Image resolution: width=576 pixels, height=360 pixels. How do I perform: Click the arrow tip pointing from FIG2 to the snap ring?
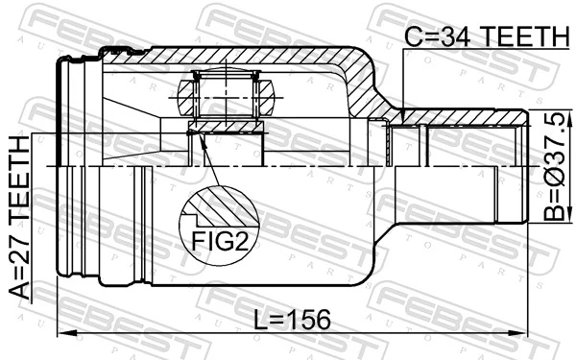pyautogui.click(x=200, y=136)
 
